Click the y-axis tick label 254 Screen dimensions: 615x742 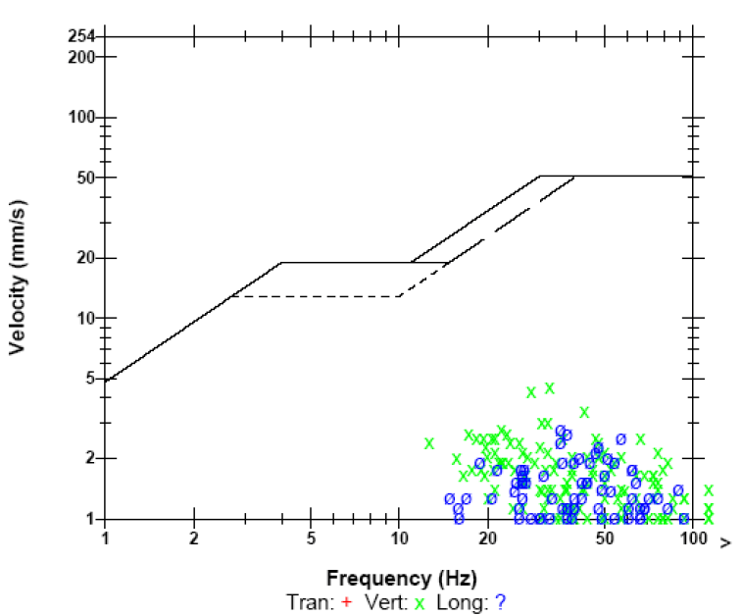point(81,37)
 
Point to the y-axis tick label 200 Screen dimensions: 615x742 point(81,57)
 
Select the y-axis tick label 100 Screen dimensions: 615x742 point(81,118)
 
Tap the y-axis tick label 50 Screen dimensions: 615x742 point(85,178)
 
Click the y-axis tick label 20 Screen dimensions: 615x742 point(85,258)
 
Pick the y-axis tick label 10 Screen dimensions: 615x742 point(85,319)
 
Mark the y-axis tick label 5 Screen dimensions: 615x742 point(89,379)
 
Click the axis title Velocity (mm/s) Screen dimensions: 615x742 point(19,278)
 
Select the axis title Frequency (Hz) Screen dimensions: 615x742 point(400,579)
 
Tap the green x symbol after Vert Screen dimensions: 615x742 point(419,602)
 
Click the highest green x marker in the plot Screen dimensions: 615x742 point(550,387)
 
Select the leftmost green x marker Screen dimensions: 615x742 point(429,443)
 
